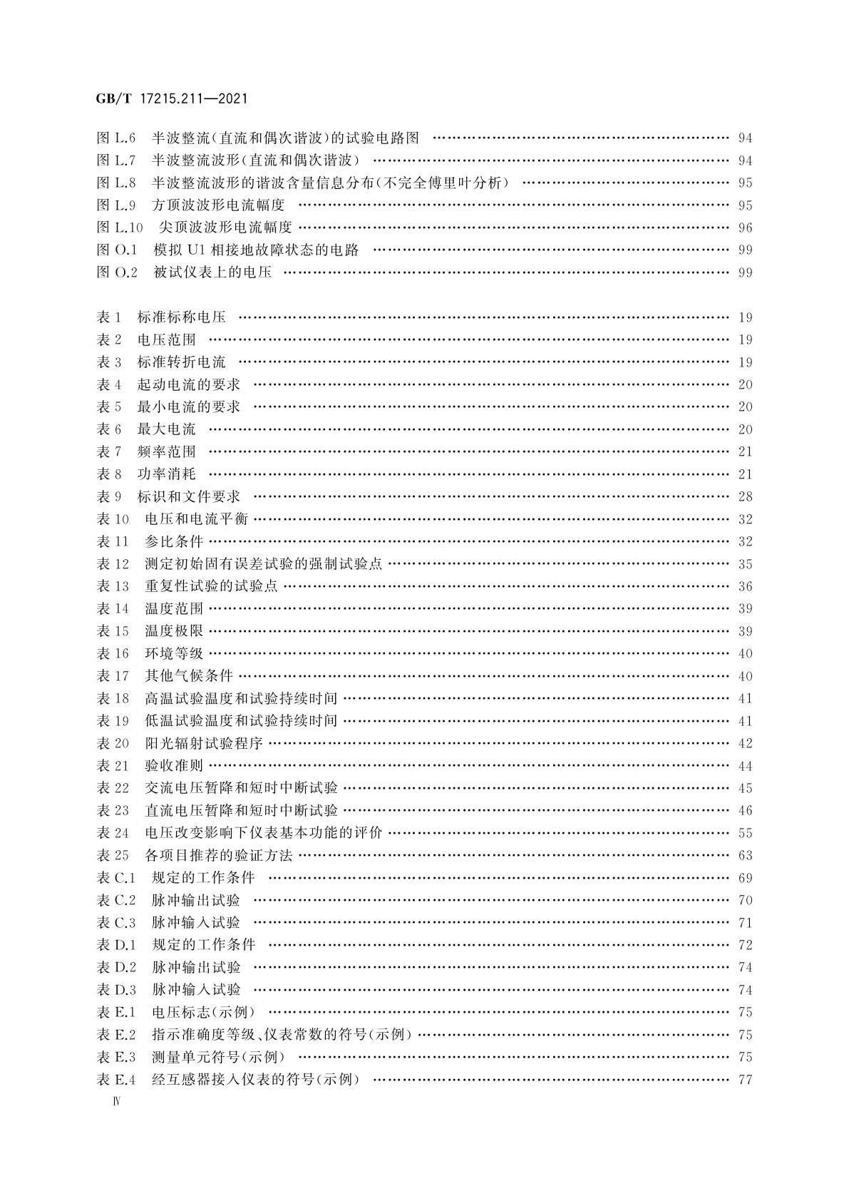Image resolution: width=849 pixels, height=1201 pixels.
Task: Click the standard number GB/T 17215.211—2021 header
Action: pos(172,99)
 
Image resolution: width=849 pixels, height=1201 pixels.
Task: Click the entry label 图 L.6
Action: pos(116,138)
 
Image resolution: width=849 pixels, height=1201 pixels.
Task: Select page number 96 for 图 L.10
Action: pos(745,228)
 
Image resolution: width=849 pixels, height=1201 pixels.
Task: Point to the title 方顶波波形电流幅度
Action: pos(218,205)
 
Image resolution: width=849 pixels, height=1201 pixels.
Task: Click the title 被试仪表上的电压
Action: pos(212,272)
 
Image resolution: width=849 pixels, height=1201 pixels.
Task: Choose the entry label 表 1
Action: pos(109,317)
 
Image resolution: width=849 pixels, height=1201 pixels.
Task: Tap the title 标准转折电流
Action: pos(181,362)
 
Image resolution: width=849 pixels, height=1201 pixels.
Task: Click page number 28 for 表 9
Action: pos(745,496)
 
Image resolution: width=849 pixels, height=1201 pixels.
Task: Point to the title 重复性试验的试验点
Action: pos(211,586)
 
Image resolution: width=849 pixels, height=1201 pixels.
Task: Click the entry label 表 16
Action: pos(113,653)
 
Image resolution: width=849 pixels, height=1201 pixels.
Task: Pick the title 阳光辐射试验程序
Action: pos(204,743)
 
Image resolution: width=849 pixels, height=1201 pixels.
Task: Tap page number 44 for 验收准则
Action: pos(745,766)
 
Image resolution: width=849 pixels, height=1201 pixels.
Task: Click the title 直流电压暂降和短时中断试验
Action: pos(241,810)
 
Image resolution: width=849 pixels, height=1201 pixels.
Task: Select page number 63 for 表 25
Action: pos(745,855)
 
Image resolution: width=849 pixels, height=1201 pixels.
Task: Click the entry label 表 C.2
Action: pos(116,900)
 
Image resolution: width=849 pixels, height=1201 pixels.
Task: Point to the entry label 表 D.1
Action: pos(116,945)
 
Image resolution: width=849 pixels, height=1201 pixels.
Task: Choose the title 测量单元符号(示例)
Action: pos(218,1057)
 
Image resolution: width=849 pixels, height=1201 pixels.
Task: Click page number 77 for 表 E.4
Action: pos(745,1080)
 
